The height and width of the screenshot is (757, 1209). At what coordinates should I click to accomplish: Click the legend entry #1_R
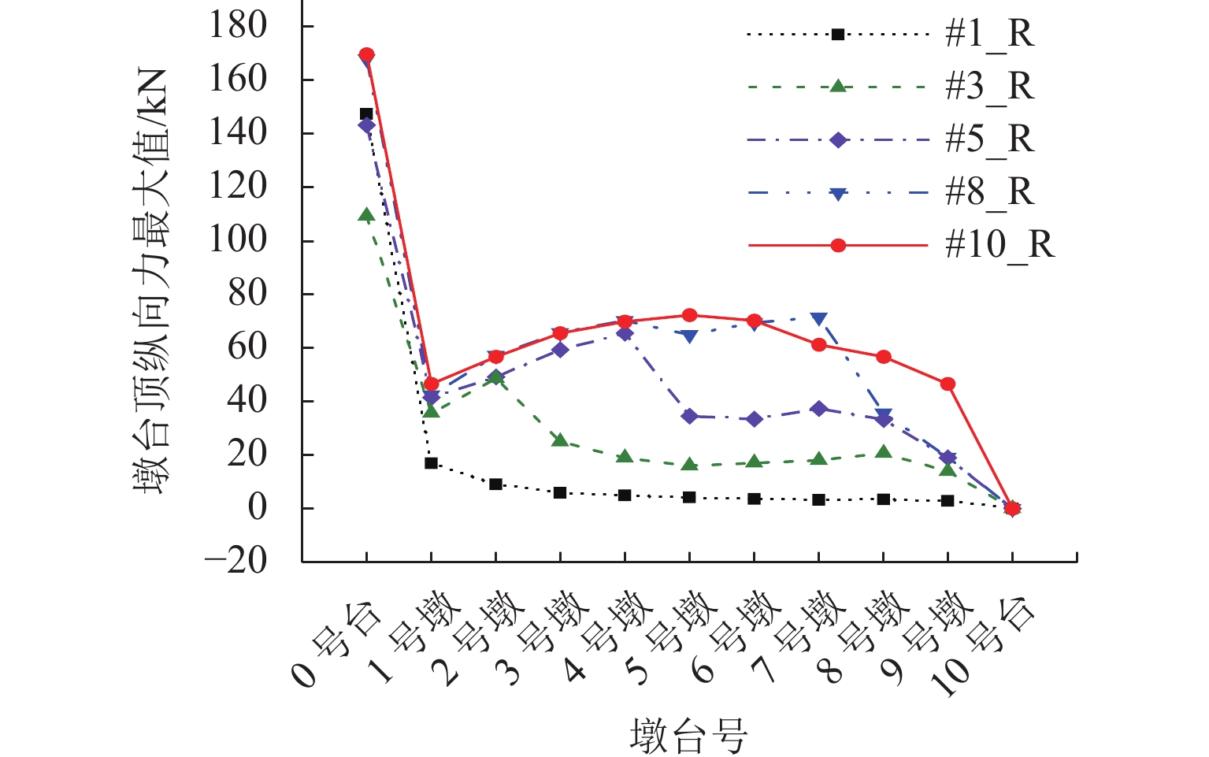[x=989, y=35]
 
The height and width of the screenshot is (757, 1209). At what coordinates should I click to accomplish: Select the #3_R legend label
[x=989, y=87]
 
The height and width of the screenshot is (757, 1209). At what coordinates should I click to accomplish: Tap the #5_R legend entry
[x=989, y=139]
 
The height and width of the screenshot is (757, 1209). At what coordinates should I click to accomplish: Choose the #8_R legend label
[x=989, y=192]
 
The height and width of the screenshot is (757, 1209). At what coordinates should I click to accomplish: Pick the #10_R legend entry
[x=999, y=245]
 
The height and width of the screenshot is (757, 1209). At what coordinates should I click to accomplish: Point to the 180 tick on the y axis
[x=238, y=26]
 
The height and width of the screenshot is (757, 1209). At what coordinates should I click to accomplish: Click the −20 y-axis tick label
[x=236, y=561]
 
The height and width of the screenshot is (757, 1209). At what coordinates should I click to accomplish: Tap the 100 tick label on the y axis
[x=238, y=239]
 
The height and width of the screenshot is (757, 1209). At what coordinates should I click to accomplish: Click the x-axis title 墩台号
[x=688, y=736]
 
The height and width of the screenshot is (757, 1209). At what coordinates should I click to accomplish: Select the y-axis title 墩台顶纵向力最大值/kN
[x=150, y=281]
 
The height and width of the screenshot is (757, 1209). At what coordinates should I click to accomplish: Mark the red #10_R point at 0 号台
[x=366, y=54]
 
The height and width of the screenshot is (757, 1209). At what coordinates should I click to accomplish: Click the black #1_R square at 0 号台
[x=366, y=114]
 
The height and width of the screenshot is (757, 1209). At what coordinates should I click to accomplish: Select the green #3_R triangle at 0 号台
[x=366, y=214]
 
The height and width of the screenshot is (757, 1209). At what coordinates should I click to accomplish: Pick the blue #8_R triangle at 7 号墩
[x=819, y=319]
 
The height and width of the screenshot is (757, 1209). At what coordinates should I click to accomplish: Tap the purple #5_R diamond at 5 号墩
[x=689, y=416]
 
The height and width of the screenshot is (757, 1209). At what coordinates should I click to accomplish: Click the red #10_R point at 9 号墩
[x=948, y=384]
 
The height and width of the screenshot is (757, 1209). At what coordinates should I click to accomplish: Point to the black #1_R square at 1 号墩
[x=431, y=463]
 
